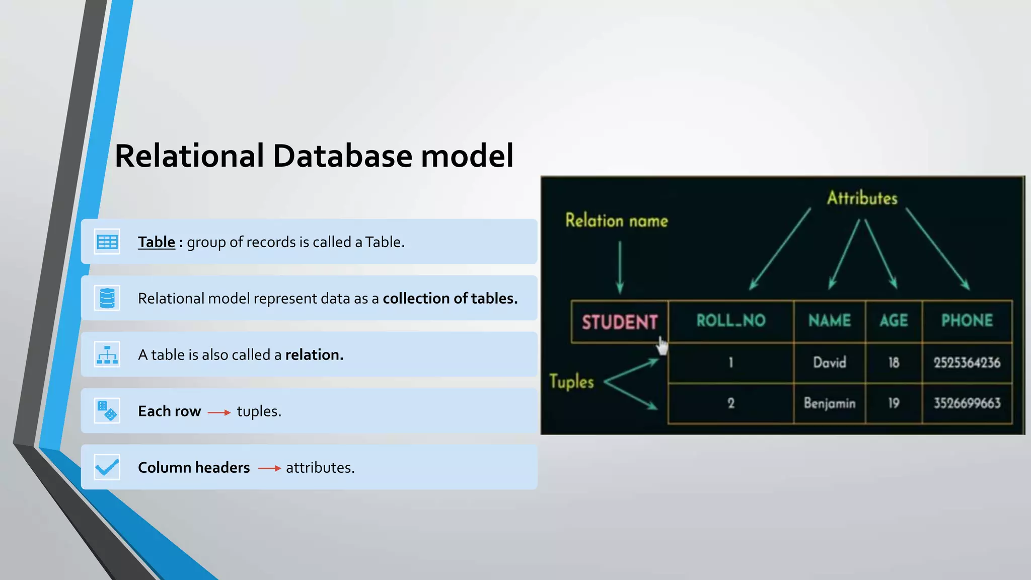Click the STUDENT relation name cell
click(x=619, y=322)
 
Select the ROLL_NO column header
click(x=730, y=321)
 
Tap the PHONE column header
click(x=967, y=321)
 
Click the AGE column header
click(x=894, y=321)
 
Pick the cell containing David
click(x=829, y=362)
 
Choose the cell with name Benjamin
click(x=829, y=403)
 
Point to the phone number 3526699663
click(x=967, y=403)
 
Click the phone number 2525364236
click(x=967, y=362)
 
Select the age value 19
click(x=894, y=403)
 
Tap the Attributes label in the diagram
click(x=862, y=198)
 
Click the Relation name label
click(x=616, y=221)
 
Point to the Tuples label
click(x=571, y=382)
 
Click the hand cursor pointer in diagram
click(x=662, y=346)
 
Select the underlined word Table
click(x=157, y=242)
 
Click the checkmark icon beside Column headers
click(x=107, y=467)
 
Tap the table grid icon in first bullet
click(x=107, y=242)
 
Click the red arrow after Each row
click(x=219, y=412)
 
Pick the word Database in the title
click(x=342, y=156)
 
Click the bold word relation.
click(x=314, y=355)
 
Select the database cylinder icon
click(x=107, y=298)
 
